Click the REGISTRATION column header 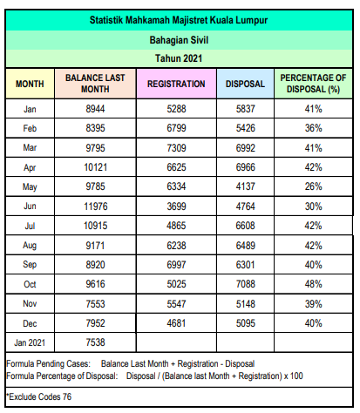pyautogui.click(x=176, y=84)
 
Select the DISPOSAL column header pyautogui.click(x=245, y=84)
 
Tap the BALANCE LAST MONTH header pyautogui.click(x=95, y=84)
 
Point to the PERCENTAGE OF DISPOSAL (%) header pyautogui.click(x=313, y=84)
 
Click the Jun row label pyautogui.click(x=30, y=206)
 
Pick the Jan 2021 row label pyautogui.click(x=30, y=342)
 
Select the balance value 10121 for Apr pyautogui.click(x=96, y=167)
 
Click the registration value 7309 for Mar pyautogui.click(x=176, y=148)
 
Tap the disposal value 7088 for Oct pyautogui.click(x=246, y=284)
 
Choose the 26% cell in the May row pyautogui.click(x=313, y=186)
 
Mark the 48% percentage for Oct pyautogui.click(x=313, y=284)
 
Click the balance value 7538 pyautogui.click(x=95, y=342)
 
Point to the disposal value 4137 pyautogui.click(x=246, y=186)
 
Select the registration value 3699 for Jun pyautogui.click(x=176, y=206)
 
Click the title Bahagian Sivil pyautogui.click(x=179, y=40)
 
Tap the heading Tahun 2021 pyautogui.click(x=179, y=58)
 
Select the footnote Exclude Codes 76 pyautogui.click(x=39, y=396)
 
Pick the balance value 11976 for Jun pyautogui.click(x=96, y=206)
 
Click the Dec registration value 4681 pyautogui.click(x=176, y=323)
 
